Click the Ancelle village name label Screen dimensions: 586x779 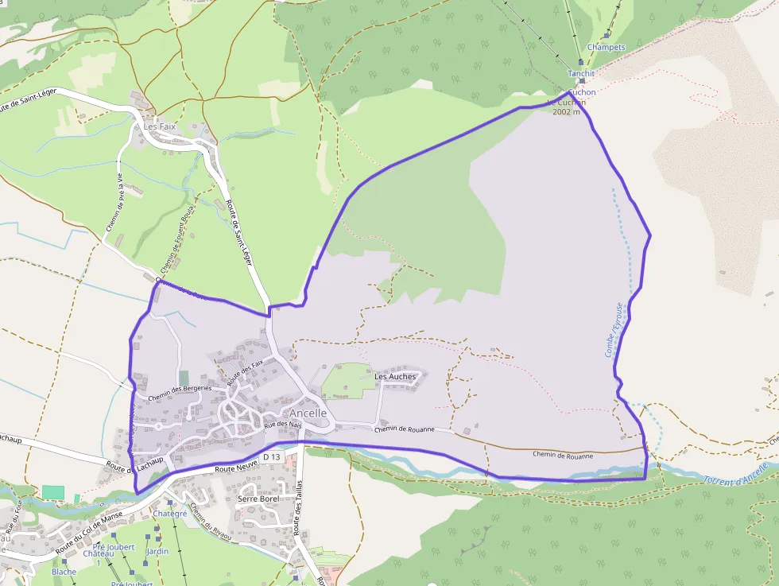[x=308, y=413]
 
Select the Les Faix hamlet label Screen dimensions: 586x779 [x=158, y=126]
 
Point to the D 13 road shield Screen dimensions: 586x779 [x=272, y=456]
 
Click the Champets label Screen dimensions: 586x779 [x=606, y=47]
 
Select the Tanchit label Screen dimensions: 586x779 [x=581, y=73]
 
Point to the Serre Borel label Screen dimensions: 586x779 [x=258, y=499]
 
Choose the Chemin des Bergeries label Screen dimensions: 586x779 [x=180, y=390]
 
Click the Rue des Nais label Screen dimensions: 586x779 [x=284, y=426]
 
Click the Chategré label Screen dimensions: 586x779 [x=169, y=514]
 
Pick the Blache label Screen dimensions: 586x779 [x=64, y=572]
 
